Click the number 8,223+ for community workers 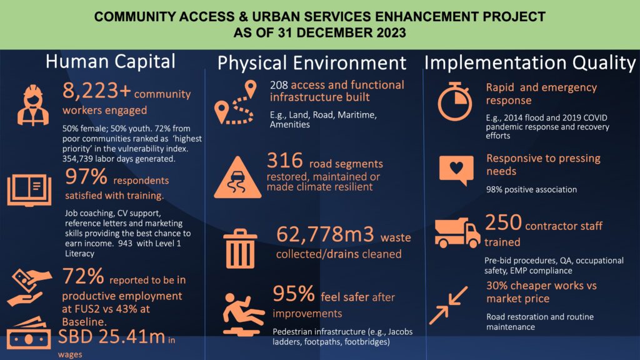point(96,91)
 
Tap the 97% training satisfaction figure point(86,177)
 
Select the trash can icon point(240,249)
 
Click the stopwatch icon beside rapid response point(455,101)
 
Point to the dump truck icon point(457,232)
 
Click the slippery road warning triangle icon point(237,177)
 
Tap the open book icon point(29,190)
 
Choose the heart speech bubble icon point(456,170)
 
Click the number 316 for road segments point(285,161)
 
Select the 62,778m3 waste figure point(325,234)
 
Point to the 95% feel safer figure point(294,294)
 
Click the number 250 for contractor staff point(503,222)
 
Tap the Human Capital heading point(110,62)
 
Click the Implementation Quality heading point(530,63)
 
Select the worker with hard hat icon point(33,105)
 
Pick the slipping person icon point(243,314)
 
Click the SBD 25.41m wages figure point(111,337)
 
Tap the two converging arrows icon point(448,305)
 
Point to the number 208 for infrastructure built point(279,85)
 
